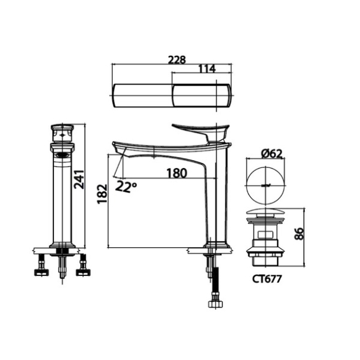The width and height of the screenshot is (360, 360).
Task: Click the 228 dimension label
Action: click(177, 60)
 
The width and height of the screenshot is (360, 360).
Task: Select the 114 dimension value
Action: click(207, 69)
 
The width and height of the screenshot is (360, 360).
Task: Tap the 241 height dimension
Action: click(79, 179)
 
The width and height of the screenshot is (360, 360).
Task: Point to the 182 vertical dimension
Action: click(102, 194)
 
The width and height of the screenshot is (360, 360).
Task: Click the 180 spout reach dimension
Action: click(177, 173)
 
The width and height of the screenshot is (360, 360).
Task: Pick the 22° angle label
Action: click(126, 186)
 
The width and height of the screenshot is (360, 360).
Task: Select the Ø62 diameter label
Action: click(271, 153)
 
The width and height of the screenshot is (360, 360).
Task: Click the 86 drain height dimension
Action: click(299, 234)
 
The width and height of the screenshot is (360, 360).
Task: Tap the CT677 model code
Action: click(267, 279)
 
